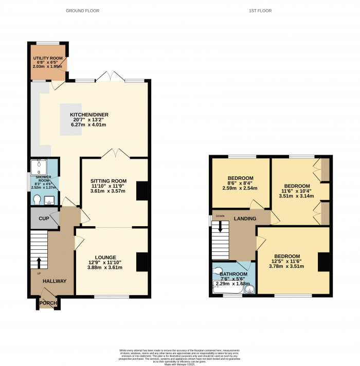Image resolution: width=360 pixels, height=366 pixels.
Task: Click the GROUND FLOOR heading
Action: point(83,10)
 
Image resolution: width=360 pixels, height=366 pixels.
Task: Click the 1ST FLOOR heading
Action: point(260,10)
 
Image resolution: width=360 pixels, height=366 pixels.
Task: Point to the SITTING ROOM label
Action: point(109,181)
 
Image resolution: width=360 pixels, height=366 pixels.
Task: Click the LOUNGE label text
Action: point(105,257)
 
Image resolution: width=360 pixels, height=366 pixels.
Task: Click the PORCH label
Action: point(48,303)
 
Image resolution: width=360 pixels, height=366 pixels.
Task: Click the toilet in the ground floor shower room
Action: point(35,198)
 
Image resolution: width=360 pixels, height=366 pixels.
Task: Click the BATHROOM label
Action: point(234,274)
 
